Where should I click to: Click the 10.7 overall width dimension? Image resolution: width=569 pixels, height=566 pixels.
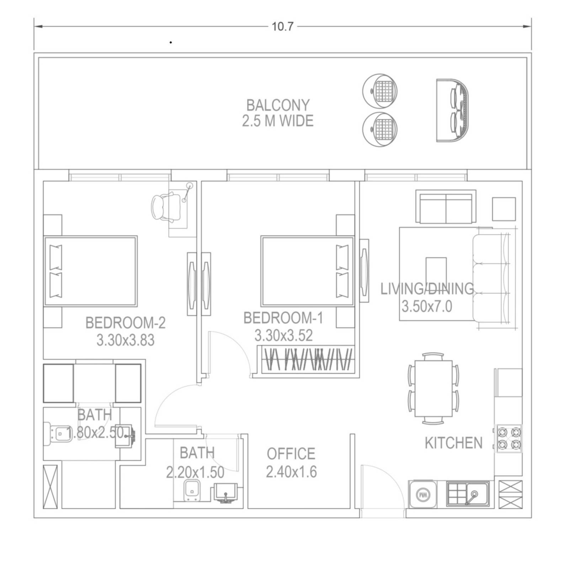pos(283,26)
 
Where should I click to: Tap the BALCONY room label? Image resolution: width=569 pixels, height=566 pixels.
pos(278,105)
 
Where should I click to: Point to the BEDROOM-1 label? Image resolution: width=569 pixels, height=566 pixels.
pos(283,318)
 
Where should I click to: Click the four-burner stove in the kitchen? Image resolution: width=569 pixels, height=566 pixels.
pos(509,439)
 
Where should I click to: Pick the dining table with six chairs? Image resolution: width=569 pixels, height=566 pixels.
pos(433,388)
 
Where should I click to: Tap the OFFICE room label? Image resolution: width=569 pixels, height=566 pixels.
pos(291,454)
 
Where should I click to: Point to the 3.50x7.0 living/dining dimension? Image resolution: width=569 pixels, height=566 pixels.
pos(427,306)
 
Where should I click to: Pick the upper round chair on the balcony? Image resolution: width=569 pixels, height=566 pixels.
pos(380,91)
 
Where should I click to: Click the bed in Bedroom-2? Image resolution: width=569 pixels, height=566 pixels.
pos(91,271)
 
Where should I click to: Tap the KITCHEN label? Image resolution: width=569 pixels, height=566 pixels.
pos(454,443)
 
